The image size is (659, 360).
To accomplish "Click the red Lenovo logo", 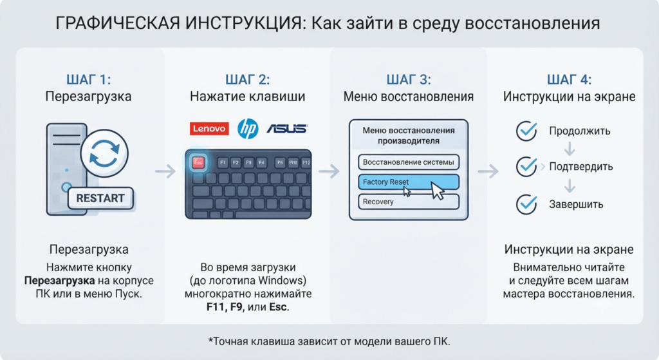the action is pos(209,129).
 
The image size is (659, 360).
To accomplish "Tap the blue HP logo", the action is pos(248,129).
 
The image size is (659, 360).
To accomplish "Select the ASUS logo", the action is pos(287,128).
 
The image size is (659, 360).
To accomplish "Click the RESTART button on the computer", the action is pos(100,198).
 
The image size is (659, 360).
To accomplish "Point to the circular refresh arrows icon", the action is pos(104,153).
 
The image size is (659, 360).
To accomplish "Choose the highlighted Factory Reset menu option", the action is pos(409,182).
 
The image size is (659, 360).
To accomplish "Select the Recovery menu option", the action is pos(409,202).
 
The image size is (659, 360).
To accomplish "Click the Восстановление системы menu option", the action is pos(409,162).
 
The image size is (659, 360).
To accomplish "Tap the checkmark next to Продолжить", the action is pos(526,131).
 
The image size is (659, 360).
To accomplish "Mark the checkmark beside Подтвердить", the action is pos(526,167).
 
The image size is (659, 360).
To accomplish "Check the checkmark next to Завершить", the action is pos(526,204).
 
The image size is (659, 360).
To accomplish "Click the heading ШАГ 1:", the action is pos(89,79).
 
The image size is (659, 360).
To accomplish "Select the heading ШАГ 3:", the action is pos(409,79).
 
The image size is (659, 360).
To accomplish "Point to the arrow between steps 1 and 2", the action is pos(165,171).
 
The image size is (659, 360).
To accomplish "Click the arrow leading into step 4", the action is pos(488,171).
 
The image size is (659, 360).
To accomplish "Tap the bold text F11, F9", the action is pos(225,307).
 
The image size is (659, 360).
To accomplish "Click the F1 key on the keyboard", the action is pos(223,162).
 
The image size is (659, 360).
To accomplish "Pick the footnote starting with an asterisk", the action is pos(329,341).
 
